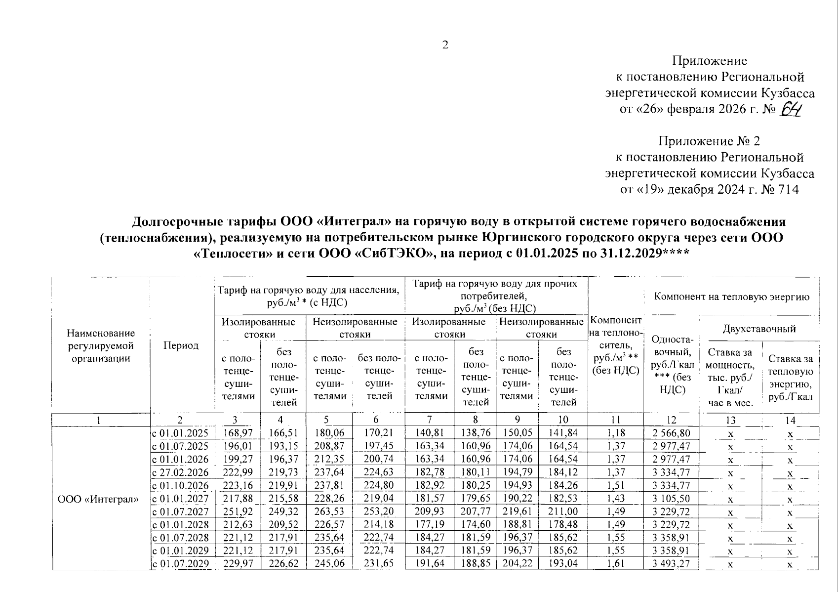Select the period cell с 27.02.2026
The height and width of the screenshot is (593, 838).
click(x=181, y=472)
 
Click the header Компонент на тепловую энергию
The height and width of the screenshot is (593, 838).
click(x=731, y=296)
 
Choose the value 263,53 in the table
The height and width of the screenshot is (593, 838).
click(x=328, y=511)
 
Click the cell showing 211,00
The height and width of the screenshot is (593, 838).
click(x=563, y=511)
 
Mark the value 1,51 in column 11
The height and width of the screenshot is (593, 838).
click(x=616, y=485)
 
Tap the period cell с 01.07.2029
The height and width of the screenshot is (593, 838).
click(x=181, y=563)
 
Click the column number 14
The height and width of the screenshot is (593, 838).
click(x=790, y=420)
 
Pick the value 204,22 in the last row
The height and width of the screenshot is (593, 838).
click(x=517, y=563)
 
